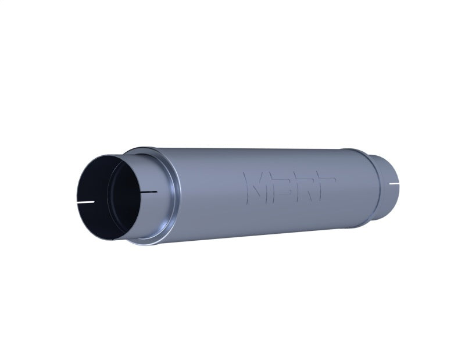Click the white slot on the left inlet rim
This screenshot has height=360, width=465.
pyautogui.click(x=87, y=202)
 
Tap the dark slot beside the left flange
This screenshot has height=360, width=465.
pyautogui.click(x=149, y=191)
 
